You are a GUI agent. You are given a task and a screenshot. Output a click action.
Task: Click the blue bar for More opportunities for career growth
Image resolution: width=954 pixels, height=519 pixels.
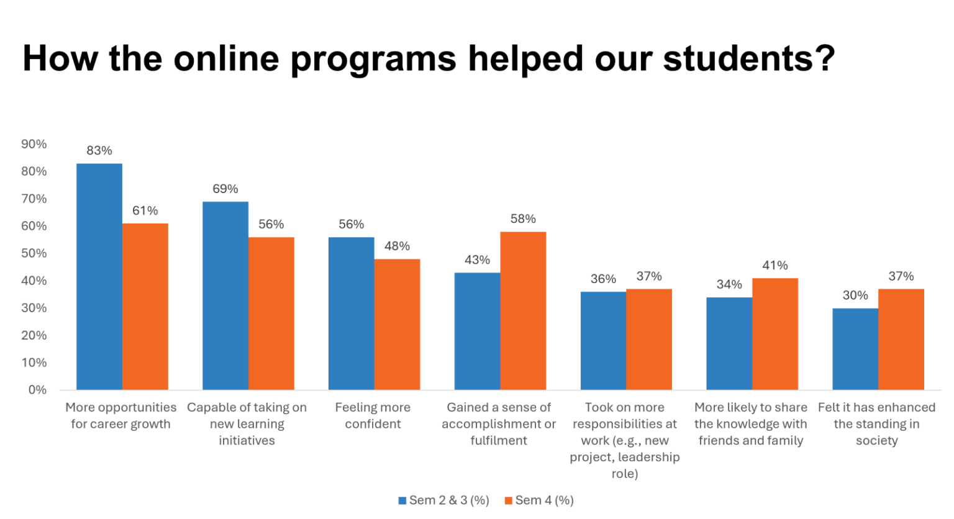[x=99, y=276]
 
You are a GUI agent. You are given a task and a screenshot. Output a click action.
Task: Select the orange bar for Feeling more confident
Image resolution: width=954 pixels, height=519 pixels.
[x=397, y=324]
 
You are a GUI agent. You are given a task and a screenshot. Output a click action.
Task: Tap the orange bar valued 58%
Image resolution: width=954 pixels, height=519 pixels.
[x=523, y=310]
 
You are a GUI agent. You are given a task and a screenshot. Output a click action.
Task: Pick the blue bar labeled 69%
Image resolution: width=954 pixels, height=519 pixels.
[x=225, y=296]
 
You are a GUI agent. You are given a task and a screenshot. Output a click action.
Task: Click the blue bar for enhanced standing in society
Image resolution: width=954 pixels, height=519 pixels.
[x=855, y=349]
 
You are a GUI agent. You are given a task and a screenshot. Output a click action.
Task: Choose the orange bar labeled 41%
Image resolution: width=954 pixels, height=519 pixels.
[x=775, y=333]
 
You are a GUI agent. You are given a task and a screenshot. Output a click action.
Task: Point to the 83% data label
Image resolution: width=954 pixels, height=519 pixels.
[x=99, y=150]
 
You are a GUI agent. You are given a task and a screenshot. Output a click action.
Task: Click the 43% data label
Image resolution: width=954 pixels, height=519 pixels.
[x=477, y=260]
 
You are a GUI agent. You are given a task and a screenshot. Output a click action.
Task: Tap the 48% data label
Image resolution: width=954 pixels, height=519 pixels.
[x=397, y=246]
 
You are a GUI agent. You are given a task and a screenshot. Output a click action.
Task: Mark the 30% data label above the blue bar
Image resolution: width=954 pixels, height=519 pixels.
[x=855, y=296]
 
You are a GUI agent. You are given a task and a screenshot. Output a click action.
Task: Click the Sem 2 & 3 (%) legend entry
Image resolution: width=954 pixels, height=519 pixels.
[x=443, y=500]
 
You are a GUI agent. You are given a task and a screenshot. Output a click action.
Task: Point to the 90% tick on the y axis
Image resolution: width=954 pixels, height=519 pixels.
[x=34, y=144]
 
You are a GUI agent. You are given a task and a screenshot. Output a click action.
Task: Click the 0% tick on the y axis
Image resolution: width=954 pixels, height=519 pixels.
[x=37, y=390]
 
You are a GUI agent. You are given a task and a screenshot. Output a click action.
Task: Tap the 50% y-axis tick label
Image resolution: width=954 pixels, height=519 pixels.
[x=34, y=253]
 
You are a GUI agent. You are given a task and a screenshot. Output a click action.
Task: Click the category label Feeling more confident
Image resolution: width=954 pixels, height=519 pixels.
[x=373, y=416]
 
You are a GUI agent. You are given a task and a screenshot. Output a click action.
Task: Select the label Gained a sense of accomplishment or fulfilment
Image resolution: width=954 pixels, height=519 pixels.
[x=499, y=424]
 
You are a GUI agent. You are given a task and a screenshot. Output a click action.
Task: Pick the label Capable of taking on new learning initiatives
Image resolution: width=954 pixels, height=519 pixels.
[x=247, y=424]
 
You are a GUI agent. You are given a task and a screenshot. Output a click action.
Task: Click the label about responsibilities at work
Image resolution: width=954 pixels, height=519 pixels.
[x=625, y=441]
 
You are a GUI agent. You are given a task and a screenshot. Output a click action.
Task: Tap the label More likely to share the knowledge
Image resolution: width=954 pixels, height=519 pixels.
[x=751, y=424]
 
